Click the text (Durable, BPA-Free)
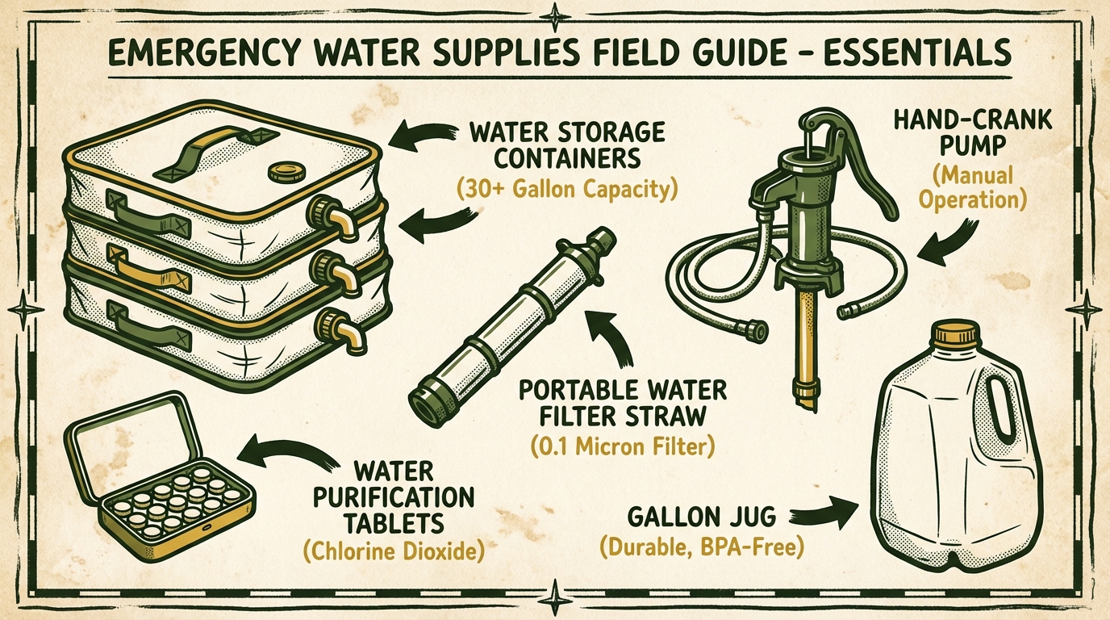tap(701, 547)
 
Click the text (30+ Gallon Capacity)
tap(567, 190)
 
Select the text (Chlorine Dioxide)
tap(394, 551)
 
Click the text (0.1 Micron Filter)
tap(623, 446)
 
